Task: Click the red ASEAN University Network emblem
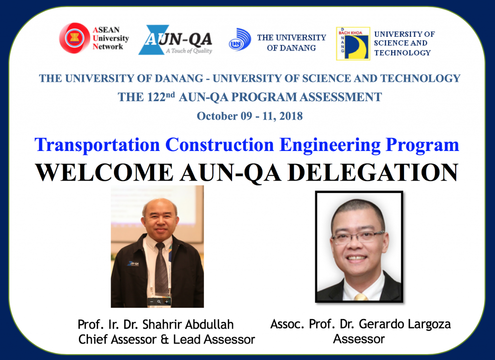tap(74, 38)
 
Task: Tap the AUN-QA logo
tap(175, 40)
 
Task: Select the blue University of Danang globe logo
tap(240, 40)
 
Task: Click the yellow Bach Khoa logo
tap(353, 43)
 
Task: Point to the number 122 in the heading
tap(156, 97)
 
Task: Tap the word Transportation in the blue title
tap(98, 145)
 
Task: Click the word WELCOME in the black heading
tap(104, 172)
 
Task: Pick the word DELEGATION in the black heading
tap(373, 172)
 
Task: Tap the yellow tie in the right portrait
tap(361, 297)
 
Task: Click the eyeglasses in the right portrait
tap(358, 237)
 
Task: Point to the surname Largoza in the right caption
tap(429, 324)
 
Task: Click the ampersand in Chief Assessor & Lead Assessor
tap(164, 340)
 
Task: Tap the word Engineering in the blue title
tap(330, 145)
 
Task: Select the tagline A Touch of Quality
tap(189, 51)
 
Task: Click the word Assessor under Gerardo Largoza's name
tap(359, 339)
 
